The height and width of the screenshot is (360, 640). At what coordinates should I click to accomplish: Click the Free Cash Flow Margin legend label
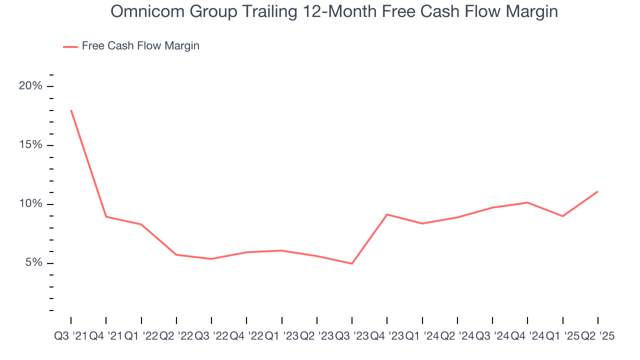pos(140,46)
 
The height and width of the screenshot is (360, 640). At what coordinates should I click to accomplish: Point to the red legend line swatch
pos(70,46)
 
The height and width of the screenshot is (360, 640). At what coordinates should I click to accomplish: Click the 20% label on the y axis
pos(30,86)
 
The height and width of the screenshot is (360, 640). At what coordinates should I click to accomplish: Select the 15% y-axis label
pos(30,145)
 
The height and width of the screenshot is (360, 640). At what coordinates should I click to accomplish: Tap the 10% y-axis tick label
pos(30,204)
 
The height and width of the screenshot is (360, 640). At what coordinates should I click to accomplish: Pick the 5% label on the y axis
pos(33,263)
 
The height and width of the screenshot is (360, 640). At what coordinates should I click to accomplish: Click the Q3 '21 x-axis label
pos(70,336)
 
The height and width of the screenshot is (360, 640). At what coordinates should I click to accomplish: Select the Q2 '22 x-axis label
pos(176,336)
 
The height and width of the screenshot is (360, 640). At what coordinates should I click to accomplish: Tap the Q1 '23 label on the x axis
pos(281,336)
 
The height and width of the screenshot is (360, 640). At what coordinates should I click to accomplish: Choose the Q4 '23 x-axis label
pos(387,336)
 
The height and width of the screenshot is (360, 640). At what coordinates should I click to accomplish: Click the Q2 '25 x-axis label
pos(597,336)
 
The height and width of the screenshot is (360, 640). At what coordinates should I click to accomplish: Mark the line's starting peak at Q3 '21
pos(71,110)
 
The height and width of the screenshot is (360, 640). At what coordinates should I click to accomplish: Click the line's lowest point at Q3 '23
pos(352,263)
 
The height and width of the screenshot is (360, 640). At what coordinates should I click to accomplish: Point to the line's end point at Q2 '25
pos(597,191)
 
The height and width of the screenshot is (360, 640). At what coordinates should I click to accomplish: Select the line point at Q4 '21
pos(106,216)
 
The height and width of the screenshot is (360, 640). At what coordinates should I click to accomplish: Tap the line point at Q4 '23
pos(387,214)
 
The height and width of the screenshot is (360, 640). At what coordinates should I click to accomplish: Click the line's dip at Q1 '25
pos(562,216)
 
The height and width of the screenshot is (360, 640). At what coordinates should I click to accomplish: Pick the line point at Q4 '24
pos(527,202)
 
